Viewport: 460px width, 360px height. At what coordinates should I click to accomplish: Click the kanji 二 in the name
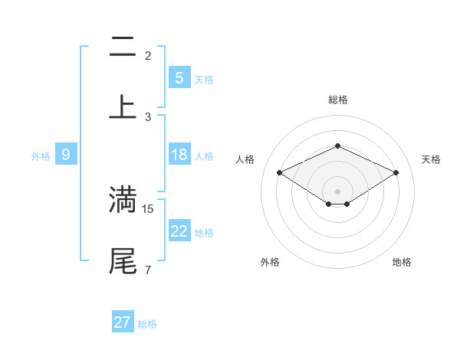coord(123,47)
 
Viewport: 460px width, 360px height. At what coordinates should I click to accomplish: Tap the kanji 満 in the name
coord(123,199)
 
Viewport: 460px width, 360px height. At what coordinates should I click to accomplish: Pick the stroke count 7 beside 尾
coord(147,270)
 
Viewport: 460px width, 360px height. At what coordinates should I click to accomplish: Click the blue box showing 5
coord(179,78)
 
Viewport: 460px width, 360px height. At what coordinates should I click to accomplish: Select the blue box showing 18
coord(179,155)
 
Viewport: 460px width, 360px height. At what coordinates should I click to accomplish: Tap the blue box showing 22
coord(179,231)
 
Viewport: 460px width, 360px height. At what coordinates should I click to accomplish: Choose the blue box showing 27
coord(122,322)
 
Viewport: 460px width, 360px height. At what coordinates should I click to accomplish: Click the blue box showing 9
coord(66,155)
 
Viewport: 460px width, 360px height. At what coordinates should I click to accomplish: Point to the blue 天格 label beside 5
coord(204,80)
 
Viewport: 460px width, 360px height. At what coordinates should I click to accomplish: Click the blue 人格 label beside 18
coord(204,156)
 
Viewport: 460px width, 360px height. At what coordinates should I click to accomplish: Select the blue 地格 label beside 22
coord(204,233)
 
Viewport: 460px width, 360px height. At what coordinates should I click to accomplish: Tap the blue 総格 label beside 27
coord(147,324)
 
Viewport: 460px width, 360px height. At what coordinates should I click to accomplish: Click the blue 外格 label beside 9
coord(41,156)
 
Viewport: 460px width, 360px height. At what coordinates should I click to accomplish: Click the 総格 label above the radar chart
coord(337,100)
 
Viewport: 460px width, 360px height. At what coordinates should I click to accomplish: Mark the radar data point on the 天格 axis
coord(396,172)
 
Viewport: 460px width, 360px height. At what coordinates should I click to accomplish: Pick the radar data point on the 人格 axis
coord(279,172)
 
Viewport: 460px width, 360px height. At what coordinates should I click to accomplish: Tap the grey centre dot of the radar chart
coord(337,191)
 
